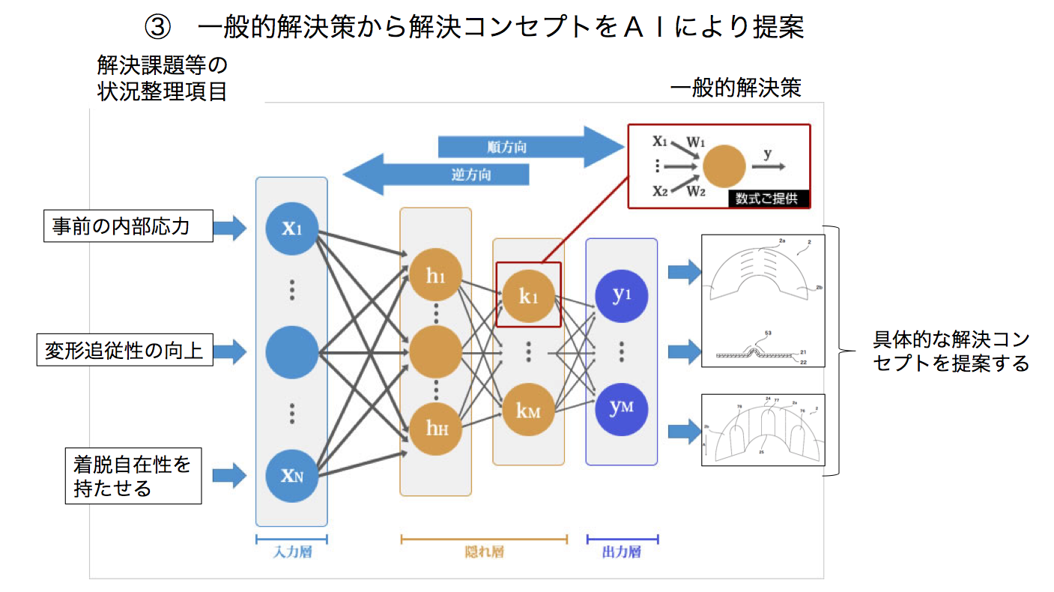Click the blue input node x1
[x=291, y=229]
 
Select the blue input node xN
[x=291, y=474]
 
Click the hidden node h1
[x=436, y=276]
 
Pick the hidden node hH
[x=436, y=428]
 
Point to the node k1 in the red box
[x=528, y=295]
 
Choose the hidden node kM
[x=528, y=410]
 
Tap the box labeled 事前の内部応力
[x=127, y=227]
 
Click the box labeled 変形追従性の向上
[x=124, y=350]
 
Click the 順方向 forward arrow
[x=524, y=147]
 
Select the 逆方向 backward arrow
[x=442, y=175]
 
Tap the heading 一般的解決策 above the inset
[x=736, y=88]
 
